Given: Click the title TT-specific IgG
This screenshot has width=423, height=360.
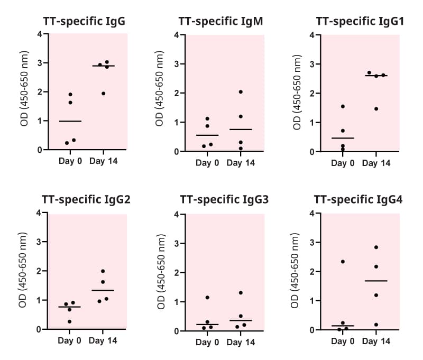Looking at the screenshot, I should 88,22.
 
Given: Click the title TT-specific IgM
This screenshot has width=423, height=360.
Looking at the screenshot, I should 221,22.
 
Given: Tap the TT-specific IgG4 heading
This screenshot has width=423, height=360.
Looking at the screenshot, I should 358,200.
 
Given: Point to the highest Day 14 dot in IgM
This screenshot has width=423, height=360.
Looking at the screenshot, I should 241,92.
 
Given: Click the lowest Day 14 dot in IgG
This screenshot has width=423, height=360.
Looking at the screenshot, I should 104,94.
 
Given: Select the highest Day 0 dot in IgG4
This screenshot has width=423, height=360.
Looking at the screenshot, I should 343,262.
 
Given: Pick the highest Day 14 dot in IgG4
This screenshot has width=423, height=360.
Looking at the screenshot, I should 376,247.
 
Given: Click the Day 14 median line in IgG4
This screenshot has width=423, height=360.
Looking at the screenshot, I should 376,281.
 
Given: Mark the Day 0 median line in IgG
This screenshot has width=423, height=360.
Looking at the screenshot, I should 70,121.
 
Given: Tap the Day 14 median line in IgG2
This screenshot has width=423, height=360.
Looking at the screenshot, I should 103,290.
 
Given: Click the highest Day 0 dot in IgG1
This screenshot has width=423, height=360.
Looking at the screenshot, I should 343,106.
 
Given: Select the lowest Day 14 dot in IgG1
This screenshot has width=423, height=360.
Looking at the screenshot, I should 376,109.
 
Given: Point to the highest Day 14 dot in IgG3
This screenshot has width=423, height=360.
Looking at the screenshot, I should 241,293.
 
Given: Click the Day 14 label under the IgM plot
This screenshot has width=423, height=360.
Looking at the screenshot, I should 241,163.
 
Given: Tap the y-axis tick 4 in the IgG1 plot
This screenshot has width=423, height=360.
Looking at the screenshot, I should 312,35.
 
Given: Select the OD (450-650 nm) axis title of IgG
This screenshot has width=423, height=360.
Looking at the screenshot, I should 24,93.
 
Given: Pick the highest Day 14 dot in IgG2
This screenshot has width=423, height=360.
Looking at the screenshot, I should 103,271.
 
